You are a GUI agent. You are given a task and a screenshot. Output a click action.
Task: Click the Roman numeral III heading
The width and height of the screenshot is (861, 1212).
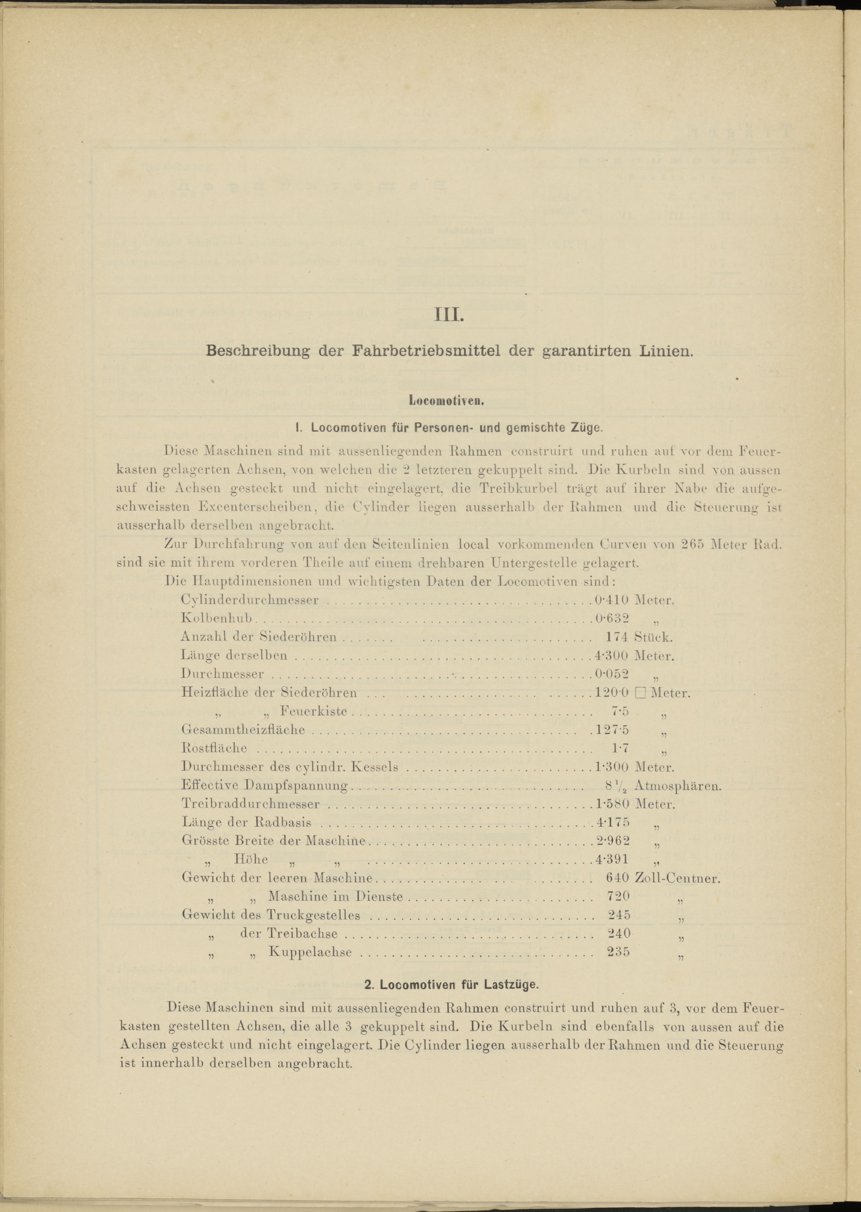[449, 316]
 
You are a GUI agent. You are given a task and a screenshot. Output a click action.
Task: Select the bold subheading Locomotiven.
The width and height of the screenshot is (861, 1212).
[447, 401]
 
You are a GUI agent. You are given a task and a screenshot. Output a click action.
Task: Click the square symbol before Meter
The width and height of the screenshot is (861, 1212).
[640, 693]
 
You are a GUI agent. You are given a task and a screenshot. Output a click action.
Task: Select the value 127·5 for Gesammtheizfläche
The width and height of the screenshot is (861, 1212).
[612, 730]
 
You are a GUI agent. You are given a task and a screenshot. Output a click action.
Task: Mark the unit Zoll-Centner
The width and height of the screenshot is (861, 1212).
[677, 878]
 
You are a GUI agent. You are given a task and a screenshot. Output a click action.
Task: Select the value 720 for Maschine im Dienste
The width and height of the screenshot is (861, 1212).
[618, 896]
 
